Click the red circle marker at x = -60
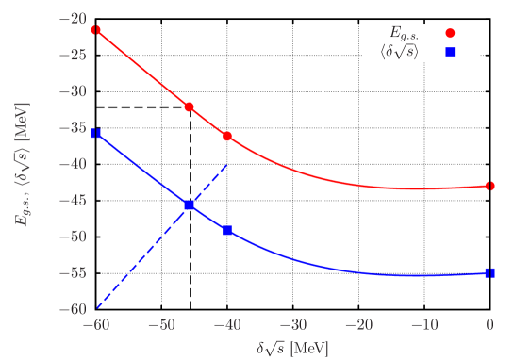point(95,30)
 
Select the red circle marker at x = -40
point(227,136)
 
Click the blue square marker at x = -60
point(95,134)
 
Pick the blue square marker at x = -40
point(227,230)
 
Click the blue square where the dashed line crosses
point(190,205)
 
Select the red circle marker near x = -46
point(190,107)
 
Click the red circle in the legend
point(450,33)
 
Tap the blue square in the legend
point(450,52)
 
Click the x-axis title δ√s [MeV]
point(292,348)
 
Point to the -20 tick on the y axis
point(74,19)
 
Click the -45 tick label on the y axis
point(74,201)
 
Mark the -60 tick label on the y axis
point(74,309)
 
